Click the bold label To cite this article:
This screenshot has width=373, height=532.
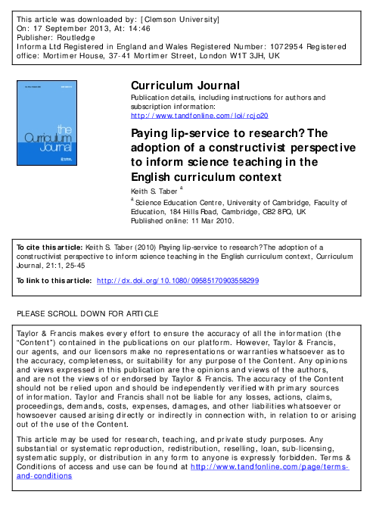pos(45,246)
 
